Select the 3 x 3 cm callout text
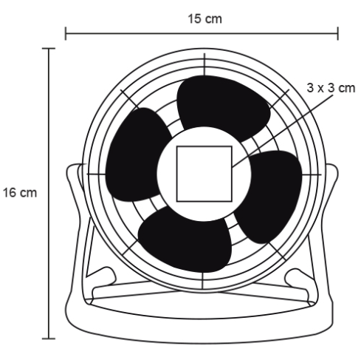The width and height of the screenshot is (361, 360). [329, 88]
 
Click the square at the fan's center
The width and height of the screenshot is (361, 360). [204, 174]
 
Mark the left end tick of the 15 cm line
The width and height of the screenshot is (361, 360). [66, 32]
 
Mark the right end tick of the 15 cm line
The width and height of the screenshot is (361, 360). [338, 32]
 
